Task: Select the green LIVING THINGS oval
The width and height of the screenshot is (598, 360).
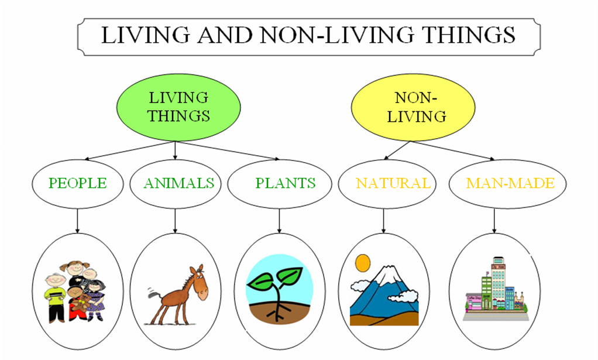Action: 178,107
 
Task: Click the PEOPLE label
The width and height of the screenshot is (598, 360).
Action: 77,183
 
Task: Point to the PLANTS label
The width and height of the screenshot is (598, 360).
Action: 285,183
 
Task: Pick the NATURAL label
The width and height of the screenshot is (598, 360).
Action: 393,183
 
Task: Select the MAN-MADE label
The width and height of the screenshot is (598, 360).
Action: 510,183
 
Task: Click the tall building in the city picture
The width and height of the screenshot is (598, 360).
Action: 498,281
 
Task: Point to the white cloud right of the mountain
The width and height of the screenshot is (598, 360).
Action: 403,296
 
